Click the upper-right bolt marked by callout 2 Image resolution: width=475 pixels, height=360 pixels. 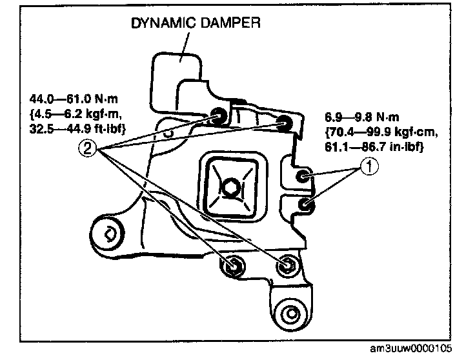[x=283, y=123]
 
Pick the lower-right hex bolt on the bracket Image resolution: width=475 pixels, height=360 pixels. [x=287, y=264]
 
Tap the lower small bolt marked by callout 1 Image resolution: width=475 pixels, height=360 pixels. [x=307, y=205]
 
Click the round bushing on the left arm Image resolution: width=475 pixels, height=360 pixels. [x=108, y=231]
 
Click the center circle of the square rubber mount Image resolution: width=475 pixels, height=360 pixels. [x=231, y=188]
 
